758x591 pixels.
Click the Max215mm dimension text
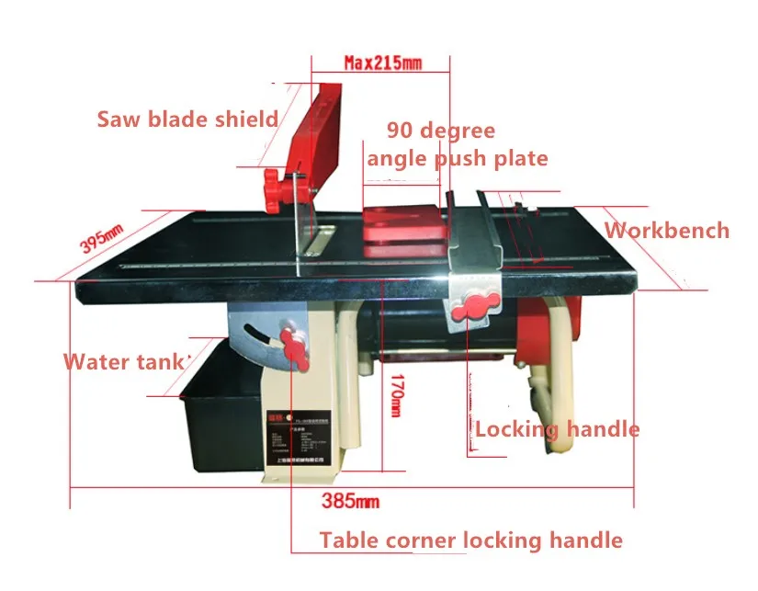[x=382, y=63]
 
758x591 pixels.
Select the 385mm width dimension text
[x=350, y=501]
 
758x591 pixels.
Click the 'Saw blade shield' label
[x=187, y=119]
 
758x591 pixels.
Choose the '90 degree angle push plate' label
[x=457, y=144]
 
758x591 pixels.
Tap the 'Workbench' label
[x=666, y=231]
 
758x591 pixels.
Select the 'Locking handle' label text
[x=557, y=429]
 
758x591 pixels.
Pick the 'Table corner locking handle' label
[x=471, y=540]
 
